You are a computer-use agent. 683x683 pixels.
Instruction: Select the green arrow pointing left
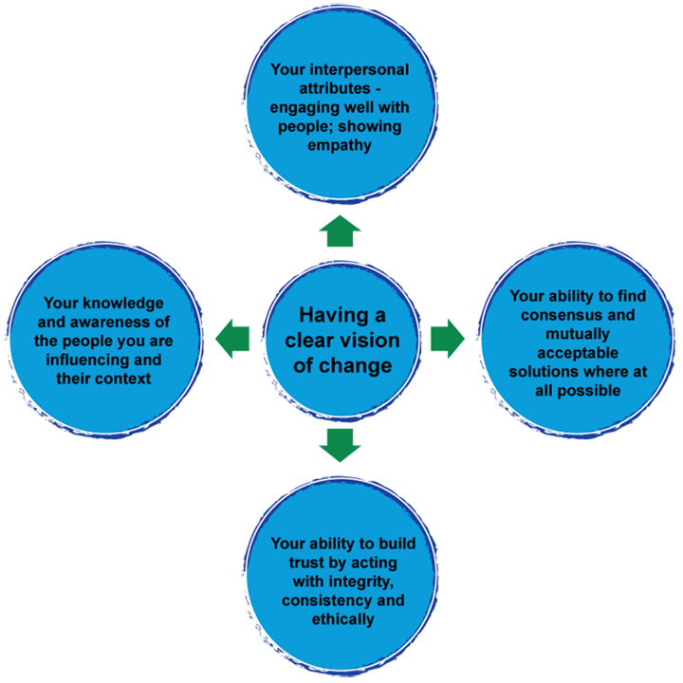click(232, 338)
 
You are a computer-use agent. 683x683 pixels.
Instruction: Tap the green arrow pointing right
click(447, 338)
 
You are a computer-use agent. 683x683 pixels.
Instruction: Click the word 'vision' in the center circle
click(370, 341)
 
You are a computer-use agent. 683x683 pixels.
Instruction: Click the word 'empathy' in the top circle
click(338, 145)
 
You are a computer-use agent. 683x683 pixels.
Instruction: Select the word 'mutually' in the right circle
click(578, 333)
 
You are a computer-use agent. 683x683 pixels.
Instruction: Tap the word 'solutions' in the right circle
click(544, 371)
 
